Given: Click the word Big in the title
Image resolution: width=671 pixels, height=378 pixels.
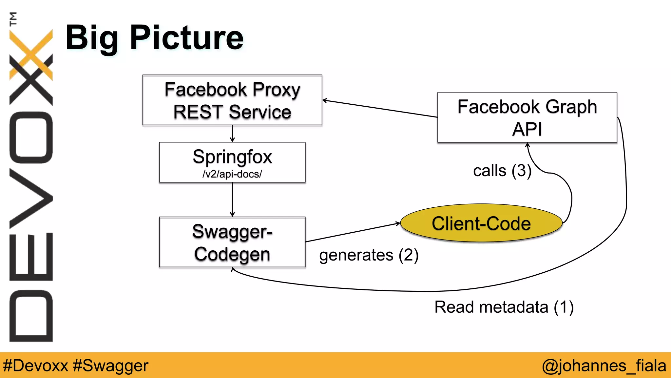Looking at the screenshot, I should (92, 39).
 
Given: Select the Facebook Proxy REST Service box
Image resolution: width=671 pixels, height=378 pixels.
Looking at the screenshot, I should (232, 100).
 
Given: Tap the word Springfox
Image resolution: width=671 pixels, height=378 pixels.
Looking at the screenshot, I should (232, 157).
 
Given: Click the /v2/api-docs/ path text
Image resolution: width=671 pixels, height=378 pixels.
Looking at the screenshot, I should (232, 174).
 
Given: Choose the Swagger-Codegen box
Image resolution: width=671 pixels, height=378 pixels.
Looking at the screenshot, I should (232, 242).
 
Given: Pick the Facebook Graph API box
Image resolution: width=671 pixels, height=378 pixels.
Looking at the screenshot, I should (527, 117).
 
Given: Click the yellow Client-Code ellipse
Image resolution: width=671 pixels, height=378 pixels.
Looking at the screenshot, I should (481, 223).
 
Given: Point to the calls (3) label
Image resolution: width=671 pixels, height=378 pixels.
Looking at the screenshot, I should (502, 171).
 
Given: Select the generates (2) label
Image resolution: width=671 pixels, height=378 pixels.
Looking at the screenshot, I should (369, 255).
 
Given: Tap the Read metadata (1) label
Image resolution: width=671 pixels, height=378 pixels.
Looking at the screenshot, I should (504, 307).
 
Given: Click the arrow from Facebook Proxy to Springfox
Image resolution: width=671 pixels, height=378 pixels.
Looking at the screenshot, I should (232, 134).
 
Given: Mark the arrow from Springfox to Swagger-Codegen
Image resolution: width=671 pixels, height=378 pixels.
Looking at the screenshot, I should (232, 199).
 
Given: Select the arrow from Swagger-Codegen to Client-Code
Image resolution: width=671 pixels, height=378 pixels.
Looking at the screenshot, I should (352, 232).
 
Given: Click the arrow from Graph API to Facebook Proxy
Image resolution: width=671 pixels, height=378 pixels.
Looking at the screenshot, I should (380, 109).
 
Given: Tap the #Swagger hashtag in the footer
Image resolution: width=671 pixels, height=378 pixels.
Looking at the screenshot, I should (110, 366).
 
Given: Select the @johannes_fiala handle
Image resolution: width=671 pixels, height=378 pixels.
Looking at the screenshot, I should (604, 366).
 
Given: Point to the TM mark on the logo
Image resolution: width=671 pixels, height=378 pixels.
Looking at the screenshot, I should (13, 19).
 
